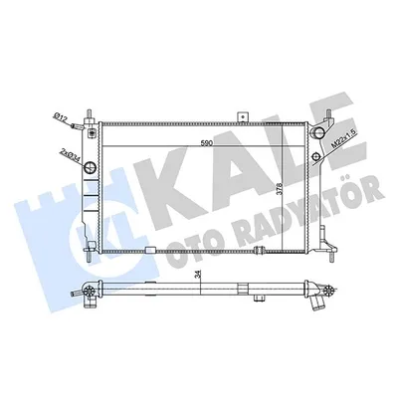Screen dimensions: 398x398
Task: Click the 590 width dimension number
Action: click(x=206, y=143)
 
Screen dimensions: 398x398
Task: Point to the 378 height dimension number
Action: click(x=279, y=188)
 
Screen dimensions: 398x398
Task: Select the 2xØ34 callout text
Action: click(x=71, y=154)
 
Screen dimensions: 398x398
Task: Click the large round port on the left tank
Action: click(x=91, y=167)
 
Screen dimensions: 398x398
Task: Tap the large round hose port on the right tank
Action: click(x=318, y=132)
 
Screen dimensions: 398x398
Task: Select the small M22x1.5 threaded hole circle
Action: click(x=316, y=156)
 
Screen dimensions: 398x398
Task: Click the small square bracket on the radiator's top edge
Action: click(x=243, y=117)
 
